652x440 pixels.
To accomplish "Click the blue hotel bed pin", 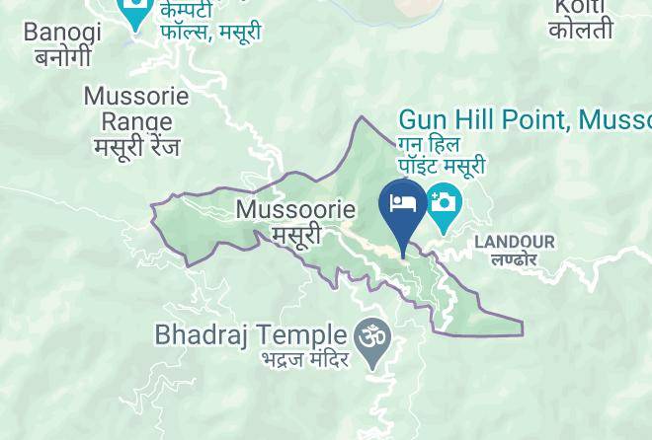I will tap(403, 206).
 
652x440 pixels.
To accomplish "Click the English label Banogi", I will tap(62, 32).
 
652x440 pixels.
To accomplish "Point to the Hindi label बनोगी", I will tap(62, 56).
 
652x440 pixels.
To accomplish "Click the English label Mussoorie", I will tap(295, 210).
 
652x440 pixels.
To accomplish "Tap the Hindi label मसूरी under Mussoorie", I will tap(296, 235).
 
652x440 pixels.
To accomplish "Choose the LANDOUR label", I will tap(515, 242).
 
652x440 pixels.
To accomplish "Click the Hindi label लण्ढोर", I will tap(514, 259).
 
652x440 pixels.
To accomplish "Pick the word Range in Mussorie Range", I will tap(136, 121).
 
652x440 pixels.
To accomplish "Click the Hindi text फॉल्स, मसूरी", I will tap(211, 32).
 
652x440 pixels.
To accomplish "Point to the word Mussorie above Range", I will tap(136, 98).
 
